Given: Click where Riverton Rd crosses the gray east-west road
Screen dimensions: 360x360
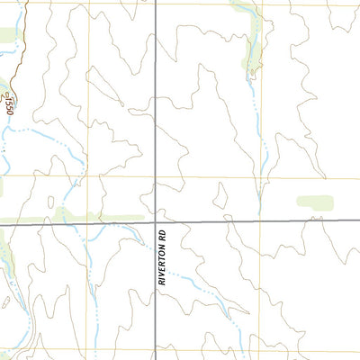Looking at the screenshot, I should (156, 220).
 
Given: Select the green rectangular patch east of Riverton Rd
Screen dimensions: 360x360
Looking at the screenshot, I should (314, 202).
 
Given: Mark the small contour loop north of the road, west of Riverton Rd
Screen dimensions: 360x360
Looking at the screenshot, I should (50, 201).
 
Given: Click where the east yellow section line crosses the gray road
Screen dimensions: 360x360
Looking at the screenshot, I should (261, 220).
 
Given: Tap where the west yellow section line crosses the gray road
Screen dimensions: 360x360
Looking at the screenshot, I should (89, 220).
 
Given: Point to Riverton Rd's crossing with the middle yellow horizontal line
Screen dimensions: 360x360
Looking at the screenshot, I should (156, 177).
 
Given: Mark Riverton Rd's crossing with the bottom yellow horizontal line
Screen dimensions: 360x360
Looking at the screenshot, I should (156, 350).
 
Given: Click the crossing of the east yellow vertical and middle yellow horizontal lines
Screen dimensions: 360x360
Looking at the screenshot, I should (261, 177).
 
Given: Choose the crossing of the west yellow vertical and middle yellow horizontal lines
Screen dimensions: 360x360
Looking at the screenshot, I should (89, 177).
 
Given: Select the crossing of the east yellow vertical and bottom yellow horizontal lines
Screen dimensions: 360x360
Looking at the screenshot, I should (261, 350).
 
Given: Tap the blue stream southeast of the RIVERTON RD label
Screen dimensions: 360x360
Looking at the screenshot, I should (193, 289).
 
